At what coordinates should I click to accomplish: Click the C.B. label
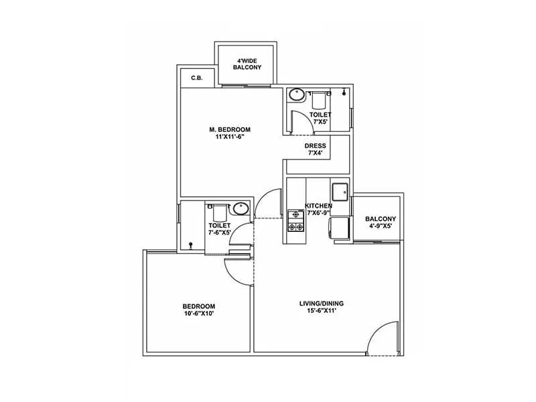[196, 78]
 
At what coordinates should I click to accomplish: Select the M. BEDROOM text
[228, 129]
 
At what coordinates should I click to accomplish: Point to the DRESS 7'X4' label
[315, 149]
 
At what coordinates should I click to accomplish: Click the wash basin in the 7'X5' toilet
[297, 96]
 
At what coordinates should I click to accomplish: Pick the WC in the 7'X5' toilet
[319, 100]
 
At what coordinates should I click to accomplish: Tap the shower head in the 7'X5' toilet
[344, 92]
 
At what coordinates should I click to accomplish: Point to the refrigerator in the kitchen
[340, 226]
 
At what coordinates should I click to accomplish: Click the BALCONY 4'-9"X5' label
[380, 222]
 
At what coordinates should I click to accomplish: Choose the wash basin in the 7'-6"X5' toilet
[240, 209]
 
